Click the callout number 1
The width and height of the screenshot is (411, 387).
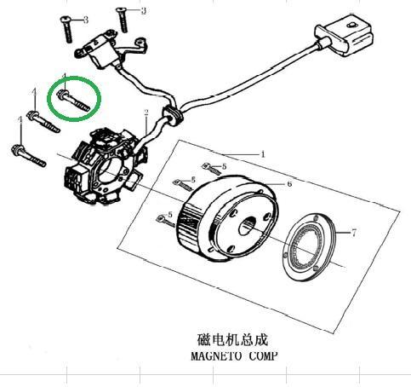263,154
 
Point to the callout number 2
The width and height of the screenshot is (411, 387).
146,113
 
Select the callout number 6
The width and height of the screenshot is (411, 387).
289,184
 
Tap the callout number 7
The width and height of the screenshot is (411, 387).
353,233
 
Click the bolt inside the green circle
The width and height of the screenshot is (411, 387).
74,101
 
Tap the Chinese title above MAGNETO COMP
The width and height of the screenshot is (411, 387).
232,340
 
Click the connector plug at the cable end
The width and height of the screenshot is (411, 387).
345,35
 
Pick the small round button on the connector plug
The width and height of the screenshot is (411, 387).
351,26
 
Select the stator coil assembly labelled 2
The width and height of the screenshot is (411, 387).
105,166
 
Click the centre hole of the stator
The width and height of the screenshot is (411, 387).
110,170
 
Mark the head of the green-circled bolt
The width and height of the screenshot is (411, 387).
62,95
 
